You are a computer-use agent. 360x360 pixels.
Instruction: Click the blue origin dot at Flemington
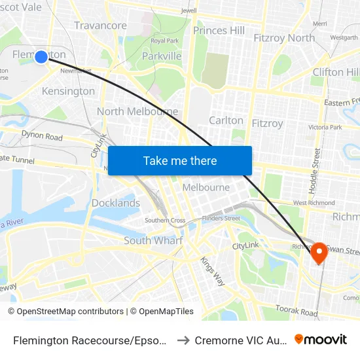41,57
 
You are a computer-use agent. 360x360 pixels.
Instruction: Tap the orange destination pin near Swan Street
319,252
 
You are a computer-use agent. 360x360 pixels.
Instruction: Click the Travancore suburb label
100,26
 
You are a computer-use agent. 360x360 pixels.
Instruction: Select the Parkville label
162,56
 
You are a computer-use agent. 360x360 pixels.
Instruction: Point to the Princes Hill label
219,30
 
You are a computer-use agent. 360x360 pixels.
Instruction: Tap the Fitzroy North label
283,38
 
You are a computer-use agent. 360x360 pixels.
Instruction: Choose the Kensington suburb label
68,91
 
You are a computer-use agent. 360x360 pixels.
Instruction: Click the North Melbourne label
137,111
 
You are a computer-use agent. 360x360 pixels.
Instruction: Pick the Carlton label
226,120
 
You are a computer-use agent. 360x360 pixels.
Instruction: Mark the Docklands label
116,203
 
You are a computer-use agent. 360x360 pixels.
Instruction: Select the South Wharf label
153,240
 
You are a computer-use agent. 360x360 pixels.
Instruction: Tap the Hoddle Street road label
317,171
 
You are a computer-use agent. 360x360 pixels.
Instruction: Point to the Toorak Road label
297,310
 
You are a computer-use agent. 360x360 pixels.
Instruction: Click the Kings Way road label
213,270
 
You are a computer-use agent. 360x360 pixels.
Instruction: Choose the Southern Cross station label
165,221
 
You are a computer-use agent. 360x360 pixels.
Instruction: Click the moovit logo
321,339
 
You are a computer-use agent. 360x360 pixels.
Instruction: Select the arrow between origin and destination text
184,340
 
